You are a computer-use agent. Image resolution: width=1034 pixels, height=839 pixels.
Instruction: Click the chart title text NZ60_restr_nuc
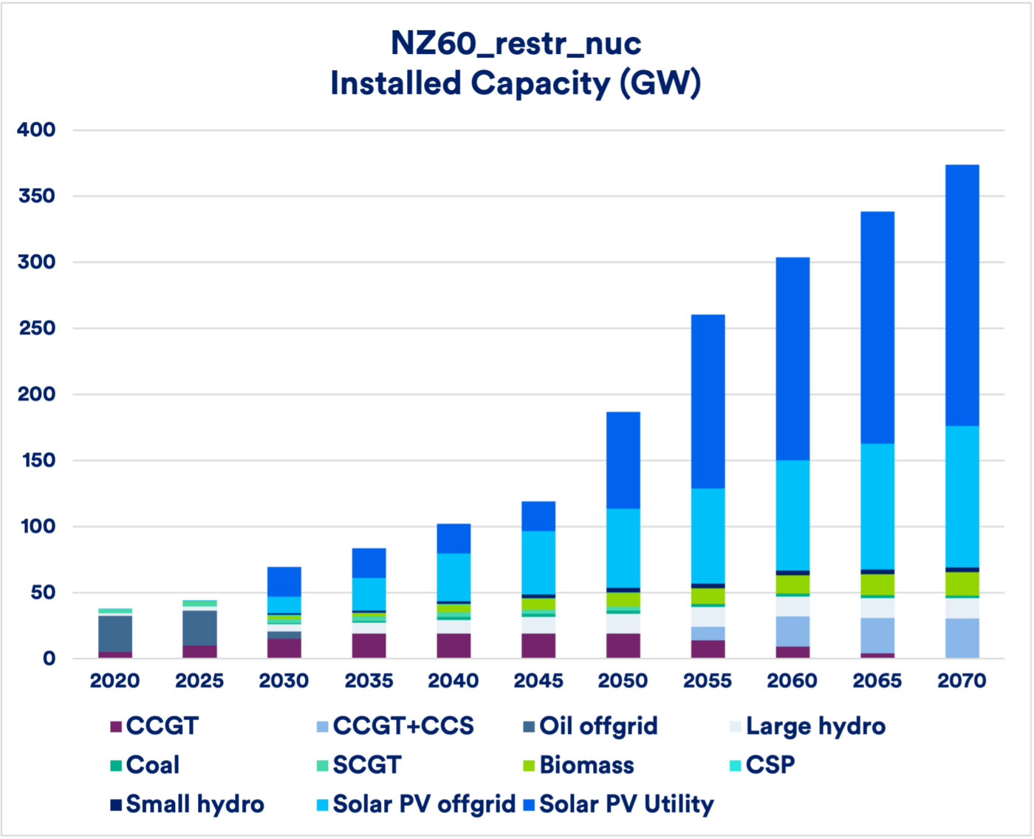[x=516, y=43]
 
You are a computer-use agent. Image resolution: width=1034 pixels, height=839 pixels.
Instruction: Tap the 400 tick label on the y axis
[x=37, y=130]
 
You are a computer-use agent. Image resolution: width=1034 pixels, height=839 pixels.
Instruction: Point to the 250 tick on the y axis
[x=37, y=328]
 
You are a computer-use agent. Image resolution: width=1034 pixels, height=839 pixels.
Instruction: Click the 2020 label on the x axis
[x=114, y=681]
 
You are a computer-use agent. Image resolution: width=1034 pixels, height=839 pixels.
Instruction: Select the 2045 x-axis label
[x=538, y=681]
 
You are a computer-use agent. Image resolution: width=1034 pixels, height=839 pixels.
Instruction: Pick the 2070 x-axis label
[x=962, y=681]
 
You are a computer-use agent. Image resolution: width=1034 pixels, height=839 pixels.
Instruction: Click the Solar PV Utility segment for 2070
[x=962, y=296]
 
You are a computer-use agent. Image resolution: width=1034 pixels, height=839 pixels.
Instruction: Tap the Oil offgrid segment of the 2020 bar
[x=115, y=634]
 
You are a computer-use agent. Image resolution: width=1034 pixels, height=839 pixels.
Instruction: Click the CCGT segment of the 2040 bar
[x=453, y=645]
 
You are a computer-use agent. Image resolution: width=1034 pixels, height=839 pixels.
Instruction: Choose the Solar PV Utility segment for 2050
[x=623, y=460]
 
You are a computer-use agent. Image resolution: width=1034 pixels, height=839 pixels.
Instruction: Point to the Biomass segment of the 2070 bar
[x=962, y=584]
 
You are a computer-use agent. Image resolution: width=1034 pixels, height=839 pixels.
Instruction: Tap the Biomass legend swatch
[x=529, y=766]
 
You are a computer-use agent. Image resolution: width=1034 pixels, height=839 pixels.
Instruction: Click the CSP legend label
[x=770, y=765]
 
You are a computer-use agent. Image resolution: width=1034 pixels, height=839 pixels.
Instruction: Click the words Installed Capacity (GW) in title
[x=516, y=83]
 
